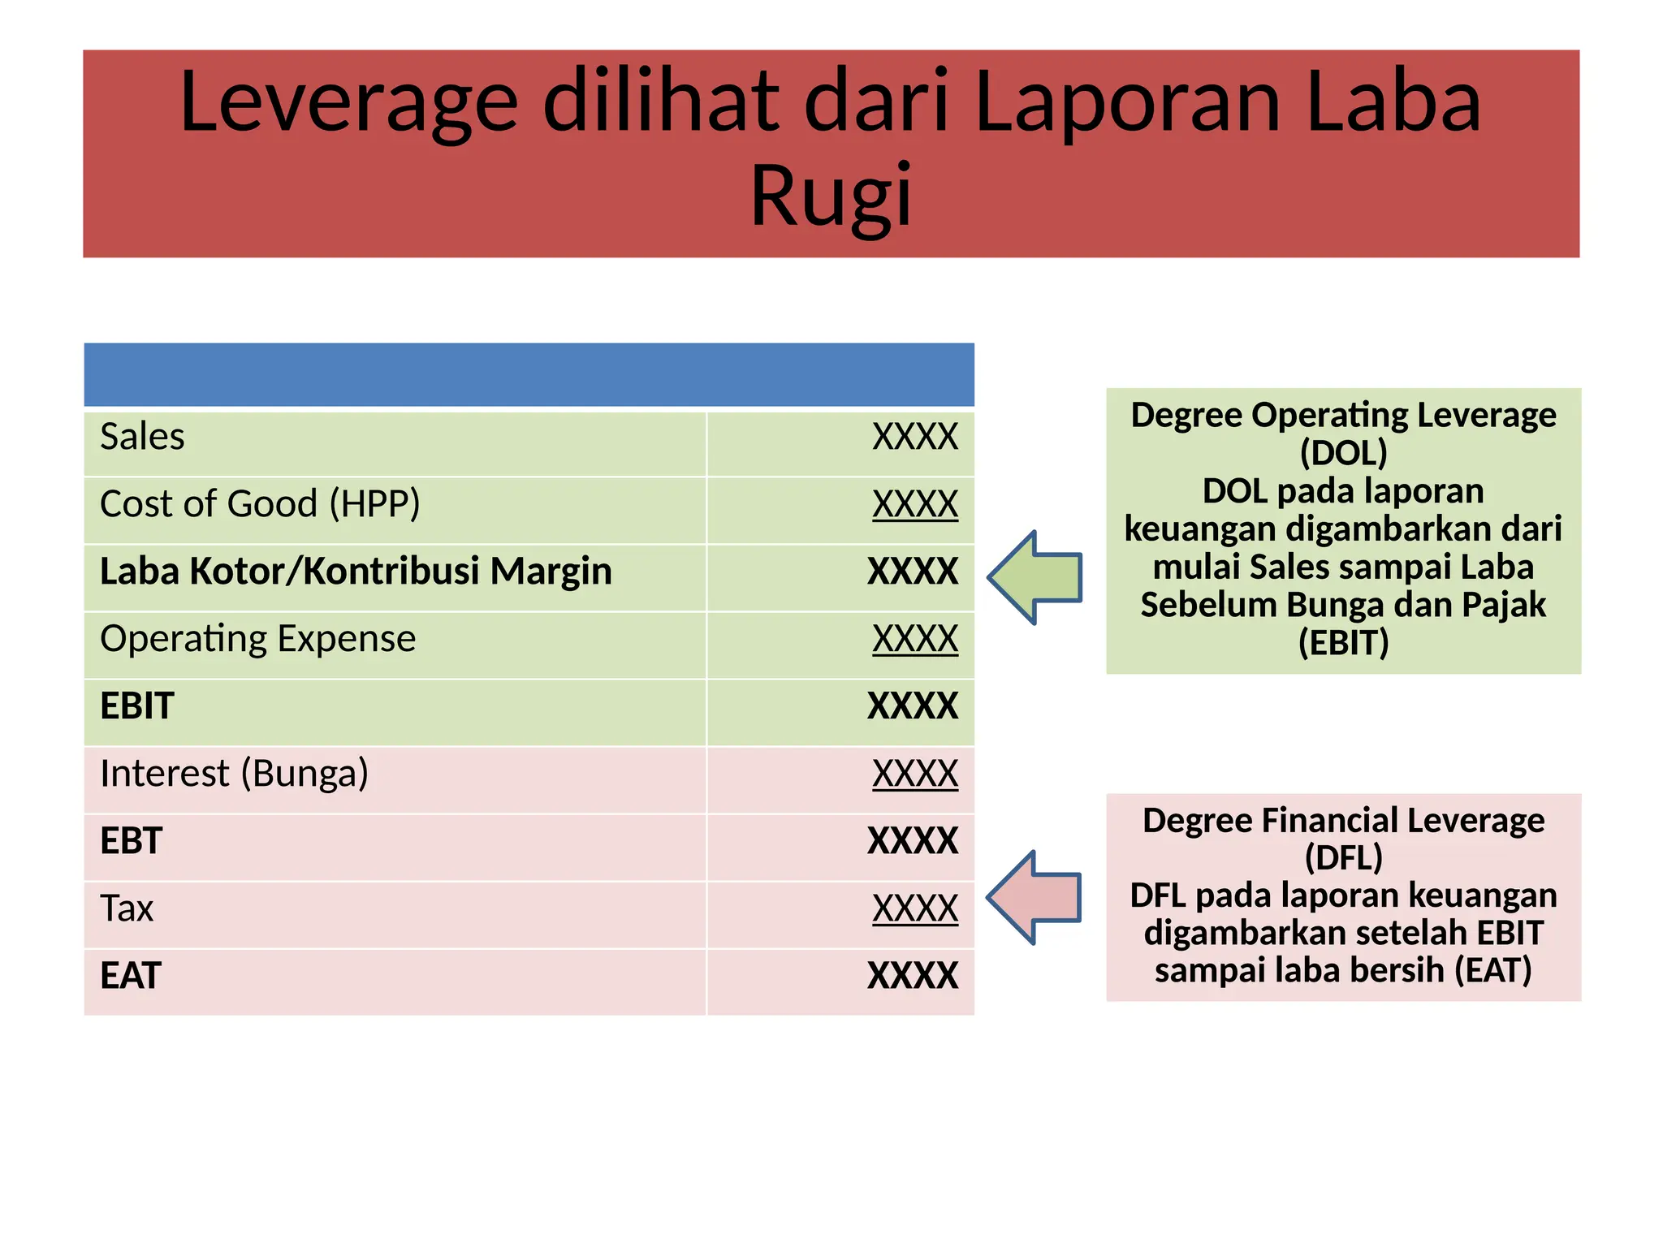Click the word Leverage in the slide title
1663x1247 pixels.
click(348, 103)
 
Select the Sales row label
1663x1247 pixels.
click(142, 437)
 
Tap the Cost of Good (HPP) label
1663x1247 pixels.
click(260, 504)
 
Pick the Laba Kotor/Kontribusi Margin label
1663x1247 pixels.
click(356, 572)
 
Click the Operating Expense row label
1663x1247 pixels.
click(257, 639)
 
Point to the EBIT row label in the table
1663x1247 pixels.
click(137, 706)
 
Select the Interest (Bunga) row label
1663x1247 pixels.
click(234, 774)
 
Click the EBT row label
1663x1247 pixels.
click(132, 841)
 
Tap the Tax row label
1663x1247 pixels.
click(127, 908)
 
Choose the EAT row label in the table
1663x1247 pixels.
click(131, 976)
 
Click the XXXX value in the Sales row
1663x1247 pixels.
click(914, 437)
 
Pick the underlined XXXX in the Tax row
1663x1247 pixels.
click(914, 908)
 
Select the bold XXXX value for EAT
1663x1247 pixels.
click(913, 976)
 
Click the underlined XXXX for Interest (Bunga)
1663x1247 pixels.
click(914, 774)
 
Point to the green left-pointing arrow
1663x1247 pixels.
click(1035, 577)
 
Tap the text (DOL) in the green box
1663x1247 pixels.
click(1343, 453)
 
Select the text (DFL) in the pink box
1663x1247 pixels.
click(1343, 857)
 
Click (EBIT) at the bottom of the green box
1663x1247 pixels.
click(1343, 643)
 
